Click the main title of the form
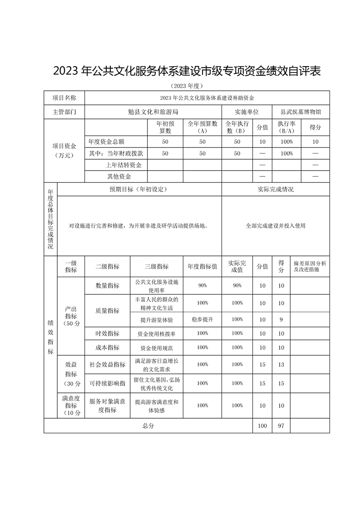[187, 71]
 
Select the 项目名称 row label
[64, 98]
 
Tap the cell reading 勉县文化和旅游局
[153, 112]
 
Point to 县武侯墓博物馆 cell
[301, 112]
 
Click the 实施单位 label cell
[247, 112]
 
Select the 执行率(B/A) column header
[286, 127]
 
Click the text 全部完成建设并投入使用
[276, 225]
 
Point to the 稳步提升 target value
[202, 320]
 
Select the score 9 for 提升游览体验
[281, 320]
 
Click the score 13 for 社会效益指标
[281, 364]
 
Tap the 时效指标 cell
[107, 333]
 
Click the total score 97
[281, 426]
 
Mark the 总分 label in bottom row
[148, 426]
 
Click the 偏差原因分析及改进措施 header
[310, 266]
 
